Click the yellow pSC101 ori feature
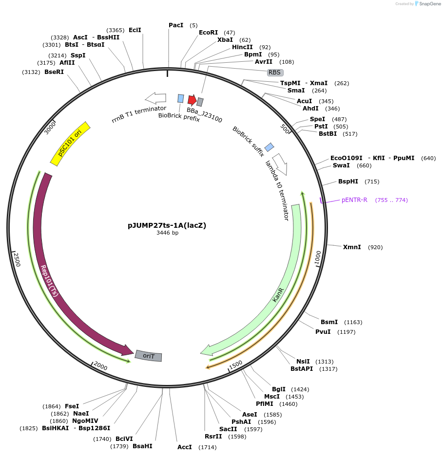71,144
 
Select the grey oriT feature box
148,356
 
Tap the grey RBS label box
275,73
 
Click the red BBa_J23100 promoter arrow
192,100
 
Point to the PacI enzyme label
176,25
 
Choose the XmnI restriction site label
352,247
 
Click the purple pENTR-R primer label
354,200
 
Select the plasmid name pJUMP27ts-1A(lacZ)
167,225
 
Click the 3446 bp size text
167,233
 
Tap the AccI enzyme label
185,447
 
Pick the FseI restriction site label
72,406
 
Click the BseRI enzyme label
54,72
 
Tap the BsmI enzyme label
329,322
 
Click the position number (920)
375,247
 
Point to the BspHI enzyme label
348,182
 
